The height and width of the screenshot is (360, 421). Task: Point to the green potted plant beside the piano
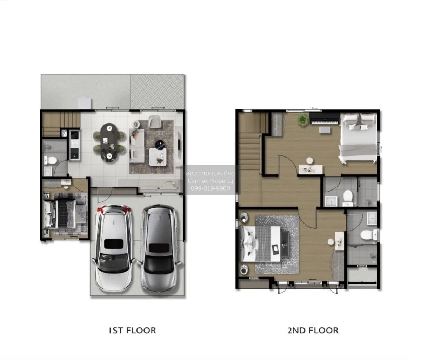pos(303,120)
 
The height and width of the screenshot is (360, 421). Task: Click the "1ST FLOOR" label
pos(132,331)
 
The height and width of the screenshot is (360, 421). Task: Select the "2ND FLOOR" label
pos(313,331)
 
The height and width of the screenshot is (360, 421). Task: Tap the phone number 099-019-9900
pos(210,188)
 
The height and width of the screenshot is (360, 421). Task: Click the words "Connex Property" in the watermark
pos(210,181)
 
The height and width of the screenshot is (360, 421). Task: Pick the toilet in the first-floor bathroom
pos(51,160)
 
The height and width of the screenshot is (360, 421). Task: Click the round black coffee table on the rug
pos(160,145)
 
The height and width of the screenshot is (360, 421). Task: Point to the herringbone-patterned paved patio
pos(157,92)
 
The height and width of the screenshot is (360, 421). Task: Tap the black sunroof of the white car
pos(114,244)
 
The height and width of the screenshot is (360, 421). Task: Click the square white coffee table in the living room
pos(158,156)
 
